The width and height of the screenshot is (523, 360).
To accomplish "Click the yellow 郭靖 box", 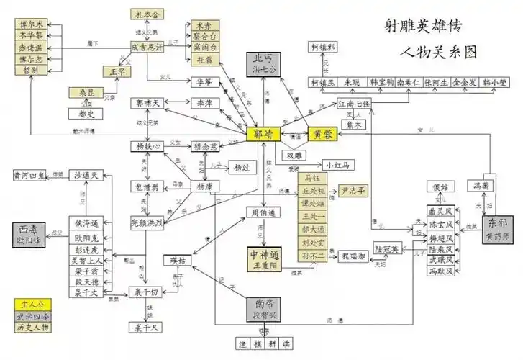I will [263, 135].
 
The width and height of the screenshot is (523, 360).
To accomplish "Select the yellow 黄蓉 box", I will [324, 135].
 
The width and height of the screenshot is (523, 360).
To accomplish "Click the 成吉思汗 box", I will [148, 47].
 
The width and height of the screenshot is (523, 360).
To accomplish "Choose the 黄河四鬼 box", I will [29, 175].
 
